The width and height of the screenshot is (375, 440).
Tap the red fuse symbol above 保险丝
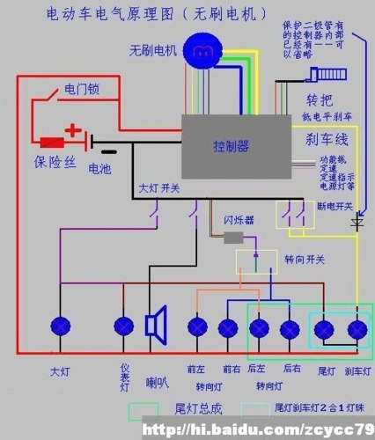coord(50,141)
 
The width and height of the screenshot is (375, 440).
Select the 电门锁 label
coord(80,90)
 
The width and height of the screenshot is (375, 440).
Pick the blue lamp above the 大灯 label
coord(60,327)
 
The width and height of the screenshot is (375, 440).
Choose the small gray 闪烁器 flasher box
coord(233,238)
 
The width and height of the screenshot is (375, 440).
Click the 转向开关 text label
coord(305,260)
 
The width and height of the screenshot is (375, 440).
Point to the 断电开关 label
coord(335,207)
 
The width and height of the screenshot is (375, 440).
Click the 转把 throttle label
coord(318,99)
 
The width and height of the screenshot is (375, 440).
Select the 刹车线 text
coord(327,139)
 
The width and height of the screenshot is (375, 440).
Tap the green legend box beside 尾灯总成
coord(143,412)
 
